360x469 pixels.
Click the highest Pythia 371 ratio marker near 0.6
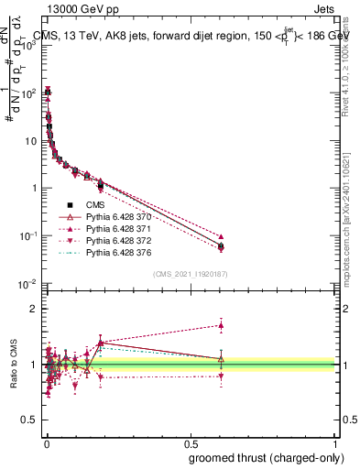click(221, 325)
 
